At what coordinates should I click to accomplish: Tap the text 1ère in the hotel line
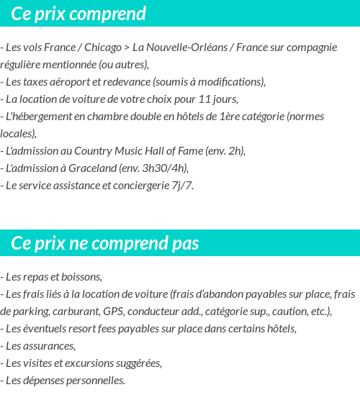pos(228,116)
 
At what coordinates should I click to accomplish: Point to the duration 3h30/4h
pos(165,168)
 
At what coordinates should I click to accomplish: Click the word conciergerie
pos(136,185)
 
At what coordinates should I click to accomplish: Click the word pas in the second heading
pos(185,244)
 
